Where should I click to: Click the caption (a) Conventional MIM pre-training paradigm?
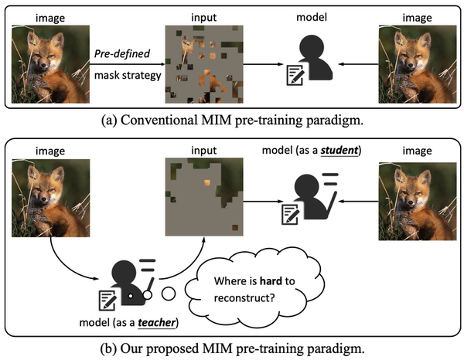coord(232,120)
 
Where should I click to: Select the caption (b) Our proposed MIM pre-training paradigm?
coord(232,347)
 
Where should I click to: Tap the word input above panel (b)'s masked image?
coord(206,148)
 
